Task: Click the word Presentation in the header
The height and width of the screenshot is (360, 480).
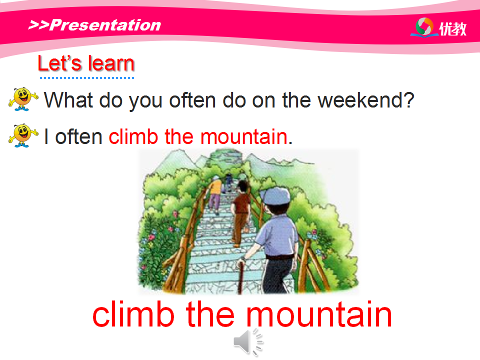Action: [x=105, y=25]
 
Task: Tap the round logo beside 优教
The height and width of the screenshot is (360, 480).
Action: [x=424, y=27]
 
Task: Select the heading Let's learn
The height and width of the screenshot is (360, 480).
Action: [x=86, y=63]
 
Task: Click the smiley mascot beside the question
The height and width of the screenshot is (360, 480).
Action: [x=23, y=99]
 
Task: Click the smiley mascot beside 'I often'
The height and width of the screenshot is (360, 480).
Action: [x=23, y=135]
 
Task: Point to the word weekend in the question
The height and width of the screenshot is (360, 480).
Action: [x=366, y=100]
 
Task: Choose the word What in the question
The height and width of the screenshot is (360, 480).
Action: [x=68, y=100]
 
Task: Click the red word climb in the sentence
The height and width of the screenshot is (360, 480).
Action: [x=133, y=136]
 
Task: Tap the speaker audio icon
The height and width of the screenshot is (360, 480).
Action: [x=247, y=341]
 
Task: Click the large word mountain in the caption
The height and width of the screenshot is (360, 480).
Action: [x=318, y=314]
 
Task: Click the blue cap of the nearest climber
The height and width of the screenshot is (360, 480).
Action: [x=275, y=195]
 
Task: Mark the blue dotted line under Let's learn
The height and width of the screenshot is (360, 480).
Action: [x=87, y=78]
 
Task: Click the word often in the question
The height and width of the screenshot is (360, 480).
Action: [x=192, y=100]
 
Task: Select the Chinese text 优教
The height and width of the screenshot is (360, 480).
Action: [x=453, y=29]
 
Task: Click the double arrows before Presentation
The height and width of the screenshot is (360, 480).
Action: [x=38, y=25]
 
